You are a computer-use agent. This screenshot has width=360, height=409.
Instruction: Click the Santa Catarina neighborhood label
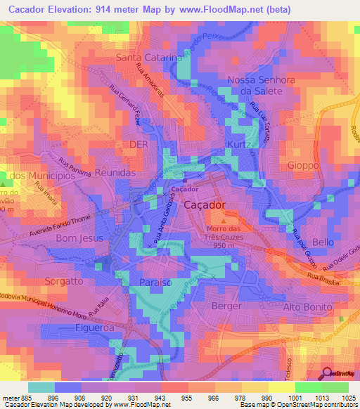[x=148, y=58]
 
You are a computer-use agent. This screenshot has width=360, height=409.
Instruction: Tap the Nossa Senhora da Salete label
[x=255, y=85]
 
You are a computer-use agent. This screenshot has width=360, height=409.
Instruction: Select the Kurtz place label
[x=238, y=144]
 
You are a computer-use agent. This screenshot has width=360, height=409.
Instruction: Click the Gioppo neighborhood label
[x=303, y=164]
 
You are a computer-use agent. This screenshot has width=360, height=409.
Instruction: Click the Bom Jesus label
[x=79, y=238]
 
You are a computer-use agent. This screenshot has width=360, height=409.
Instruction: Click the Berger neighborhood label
[x=226, y=306]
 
